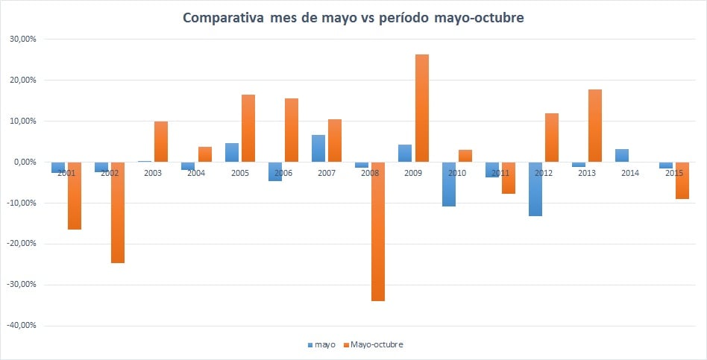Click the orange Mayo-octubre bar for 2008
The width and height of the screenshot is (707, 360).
coord(378,231)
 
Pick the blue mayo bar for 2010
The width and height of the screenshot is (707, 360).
coord(449,183)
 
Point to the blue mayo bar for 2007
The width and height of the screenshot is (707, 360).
coord(318,148)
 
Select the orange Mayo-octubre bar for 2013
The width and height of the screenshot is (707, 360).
coord(595,125)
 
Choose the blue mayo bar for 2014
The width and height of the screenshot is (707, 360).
coord(622,155)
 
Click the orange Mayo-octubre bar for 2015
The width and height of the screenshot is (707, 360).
coord(682,180)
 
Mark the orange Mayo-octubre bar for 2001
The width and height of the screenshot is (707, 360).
coord(74,195)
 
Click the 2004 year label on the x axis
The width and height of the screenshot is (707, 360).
coord(196,174)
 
